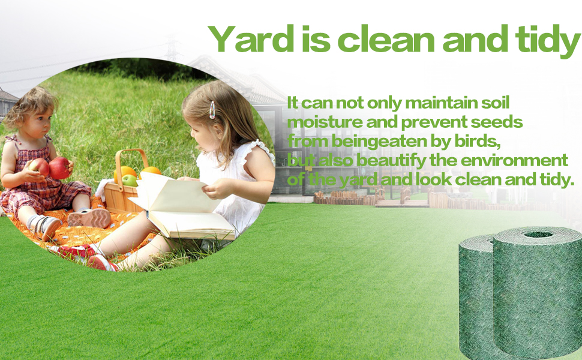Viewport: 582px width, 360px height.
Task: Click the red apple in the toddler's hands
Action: [59, 168]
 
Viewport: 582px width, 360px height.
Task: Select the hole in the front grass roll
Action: [538, 234]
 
